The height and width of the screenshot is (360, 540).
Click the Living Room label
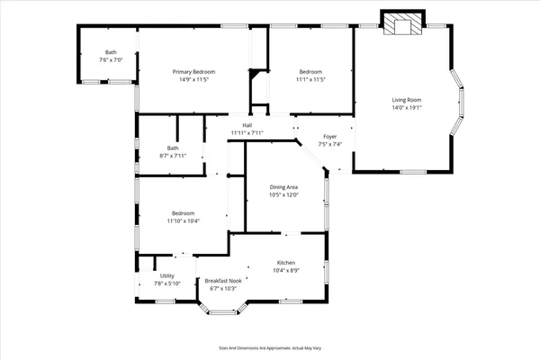[407, 100]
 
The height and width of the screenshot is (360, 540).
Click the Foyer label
[330, 137]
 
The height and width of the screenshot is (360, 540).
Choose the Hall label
[247, 125]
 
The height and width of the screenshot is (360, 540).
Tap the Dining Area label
[283, 187]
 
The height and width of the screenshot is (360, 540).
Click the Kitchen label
[286, 263]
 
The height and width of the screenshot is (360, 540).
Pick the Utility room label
[166, 276]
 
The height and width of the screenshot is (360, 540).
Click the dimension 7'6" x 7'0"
[111, 59]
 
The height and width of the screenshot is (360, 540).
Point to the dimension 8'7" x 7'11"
[173, 156]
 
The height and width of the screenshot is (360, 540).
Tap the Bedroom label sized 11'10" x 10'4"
[183, 213]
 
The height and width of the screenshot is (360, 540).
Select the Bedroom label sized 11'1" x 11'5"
[311, 72]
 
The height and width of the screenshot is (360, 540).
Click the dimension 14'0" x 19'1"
[407, 108]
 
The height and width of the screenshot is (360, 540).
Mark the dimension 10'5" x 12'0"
[283, 195]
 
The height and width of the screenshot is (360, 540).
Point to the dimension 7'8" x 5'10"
[166, 283]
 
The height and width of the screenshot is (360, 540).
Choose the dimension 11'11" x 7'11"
[247, 133]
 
